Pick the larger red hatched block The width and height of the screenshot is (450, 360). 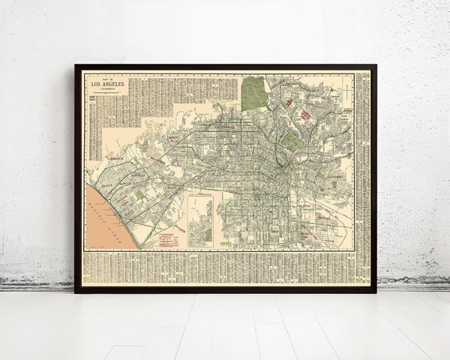click(x=305, y=115)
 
